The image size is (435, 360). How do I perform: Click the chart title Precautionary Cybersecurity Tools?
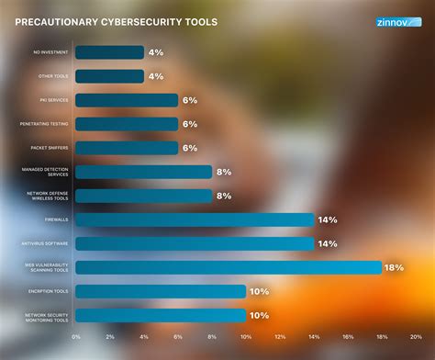116,22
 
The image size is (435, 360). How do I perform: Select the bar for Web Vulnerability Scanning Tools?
228,267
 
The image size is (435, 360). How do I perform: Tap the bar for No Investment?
109,52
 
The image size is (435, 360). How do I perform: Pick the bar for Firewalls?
194,219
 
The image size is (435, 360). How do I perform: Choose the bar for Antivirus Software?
194,243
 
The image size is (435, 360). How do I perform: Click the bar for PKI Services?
126,100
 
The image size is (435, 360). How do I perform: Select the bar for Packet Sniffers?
126,148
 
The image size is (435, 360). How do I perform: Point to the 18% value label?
395,267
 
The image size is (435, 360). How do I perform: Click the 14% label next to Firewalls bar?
327,219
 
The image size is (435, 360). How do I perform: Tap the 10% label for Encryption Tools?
259,291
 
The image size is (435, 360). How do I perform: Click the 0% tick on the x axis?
75,337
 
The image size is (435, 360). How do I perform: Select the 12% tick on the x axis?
280,337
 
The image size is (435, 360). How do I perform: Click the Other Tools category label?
52,76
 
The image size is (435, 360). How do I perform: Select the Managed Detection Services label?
46,172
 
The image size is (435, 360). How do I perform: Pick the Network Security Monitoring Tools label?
46,315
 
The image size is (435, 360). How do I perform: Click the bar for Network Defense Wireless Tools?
143,196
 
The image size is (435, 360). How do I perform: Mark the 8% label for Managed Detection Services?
224,172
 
